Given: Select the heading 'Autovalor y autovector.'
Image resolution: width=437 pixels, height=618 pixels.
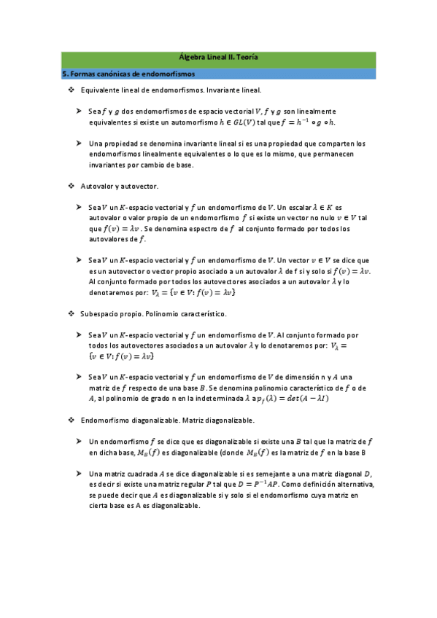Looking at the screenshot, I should [115, 187].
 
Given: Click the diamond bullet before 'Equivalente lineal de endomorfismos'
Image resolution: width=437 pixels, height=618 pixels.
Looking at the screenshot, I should [71, 90].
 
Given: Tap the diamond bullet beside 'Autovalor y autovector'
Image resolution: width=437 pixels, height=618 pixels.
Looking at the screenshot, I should [71, 187].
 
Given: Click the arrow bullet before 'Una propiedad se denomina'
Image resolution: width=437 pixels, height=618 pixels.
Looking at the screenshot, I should [78, 144].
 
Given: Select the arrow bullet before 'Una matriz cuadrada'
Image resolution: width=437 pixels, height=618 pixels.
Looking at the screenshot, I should [78, 474].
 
